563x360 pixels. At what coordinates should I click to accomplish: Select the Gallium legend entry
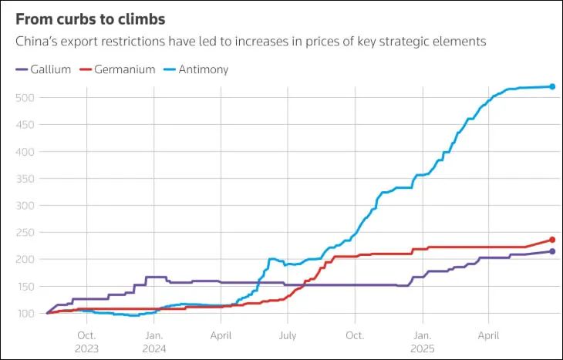(x=43, y=69)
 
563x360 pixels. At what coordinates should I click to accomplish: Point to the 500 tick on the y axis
(x=25, y=97)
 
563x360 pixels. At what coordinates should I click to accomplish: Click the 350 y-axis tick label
(x=25, y=178)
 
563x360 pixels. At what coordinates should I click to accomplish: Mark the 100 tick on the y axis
(x=25, y=313)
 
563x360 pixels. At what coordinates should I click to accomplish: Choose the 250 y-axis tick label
(x=25, y=232)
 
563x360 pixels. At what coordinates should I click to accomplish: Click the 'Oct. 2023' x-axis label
(x=86, y=342)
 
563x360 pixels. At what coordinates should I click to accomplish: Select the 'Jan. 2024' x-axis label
(x=154, y=342)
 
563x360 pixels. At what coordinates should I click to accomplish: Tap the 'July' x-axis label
(x=288, y=336)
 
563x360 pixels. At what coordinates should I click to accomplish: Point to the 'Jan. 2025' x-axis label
(x=423, y=342)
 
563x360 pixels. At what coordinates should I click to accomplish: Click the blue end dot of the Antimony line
(x=552, y=86)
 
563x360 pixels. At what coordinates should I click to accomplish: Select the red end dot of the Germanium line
(x=552, y=240)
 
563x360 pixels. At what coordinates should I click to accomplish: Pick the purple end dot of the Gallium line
(x=552, y=251)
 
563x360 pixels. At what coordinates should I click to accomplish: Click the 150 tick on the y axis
(x=25, y=286)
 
